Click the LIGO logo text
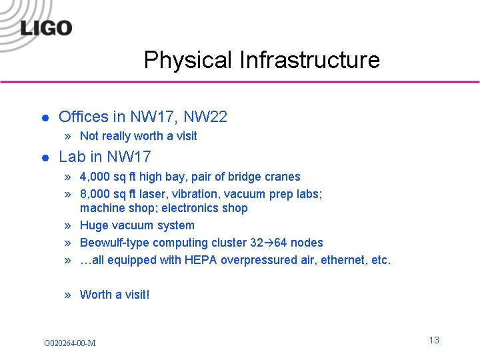(46, 28)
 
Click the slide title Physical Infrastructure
(261, 60)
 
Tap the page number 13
(434, 340)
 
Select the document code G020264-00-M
(69, 343)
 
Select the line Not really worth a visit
(138, 136)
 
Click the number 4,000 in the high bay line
(96, 177)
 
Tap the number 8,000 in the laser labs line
(96, 194)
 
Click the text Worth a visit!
(115, 295)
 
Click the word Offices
(83, 117)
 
